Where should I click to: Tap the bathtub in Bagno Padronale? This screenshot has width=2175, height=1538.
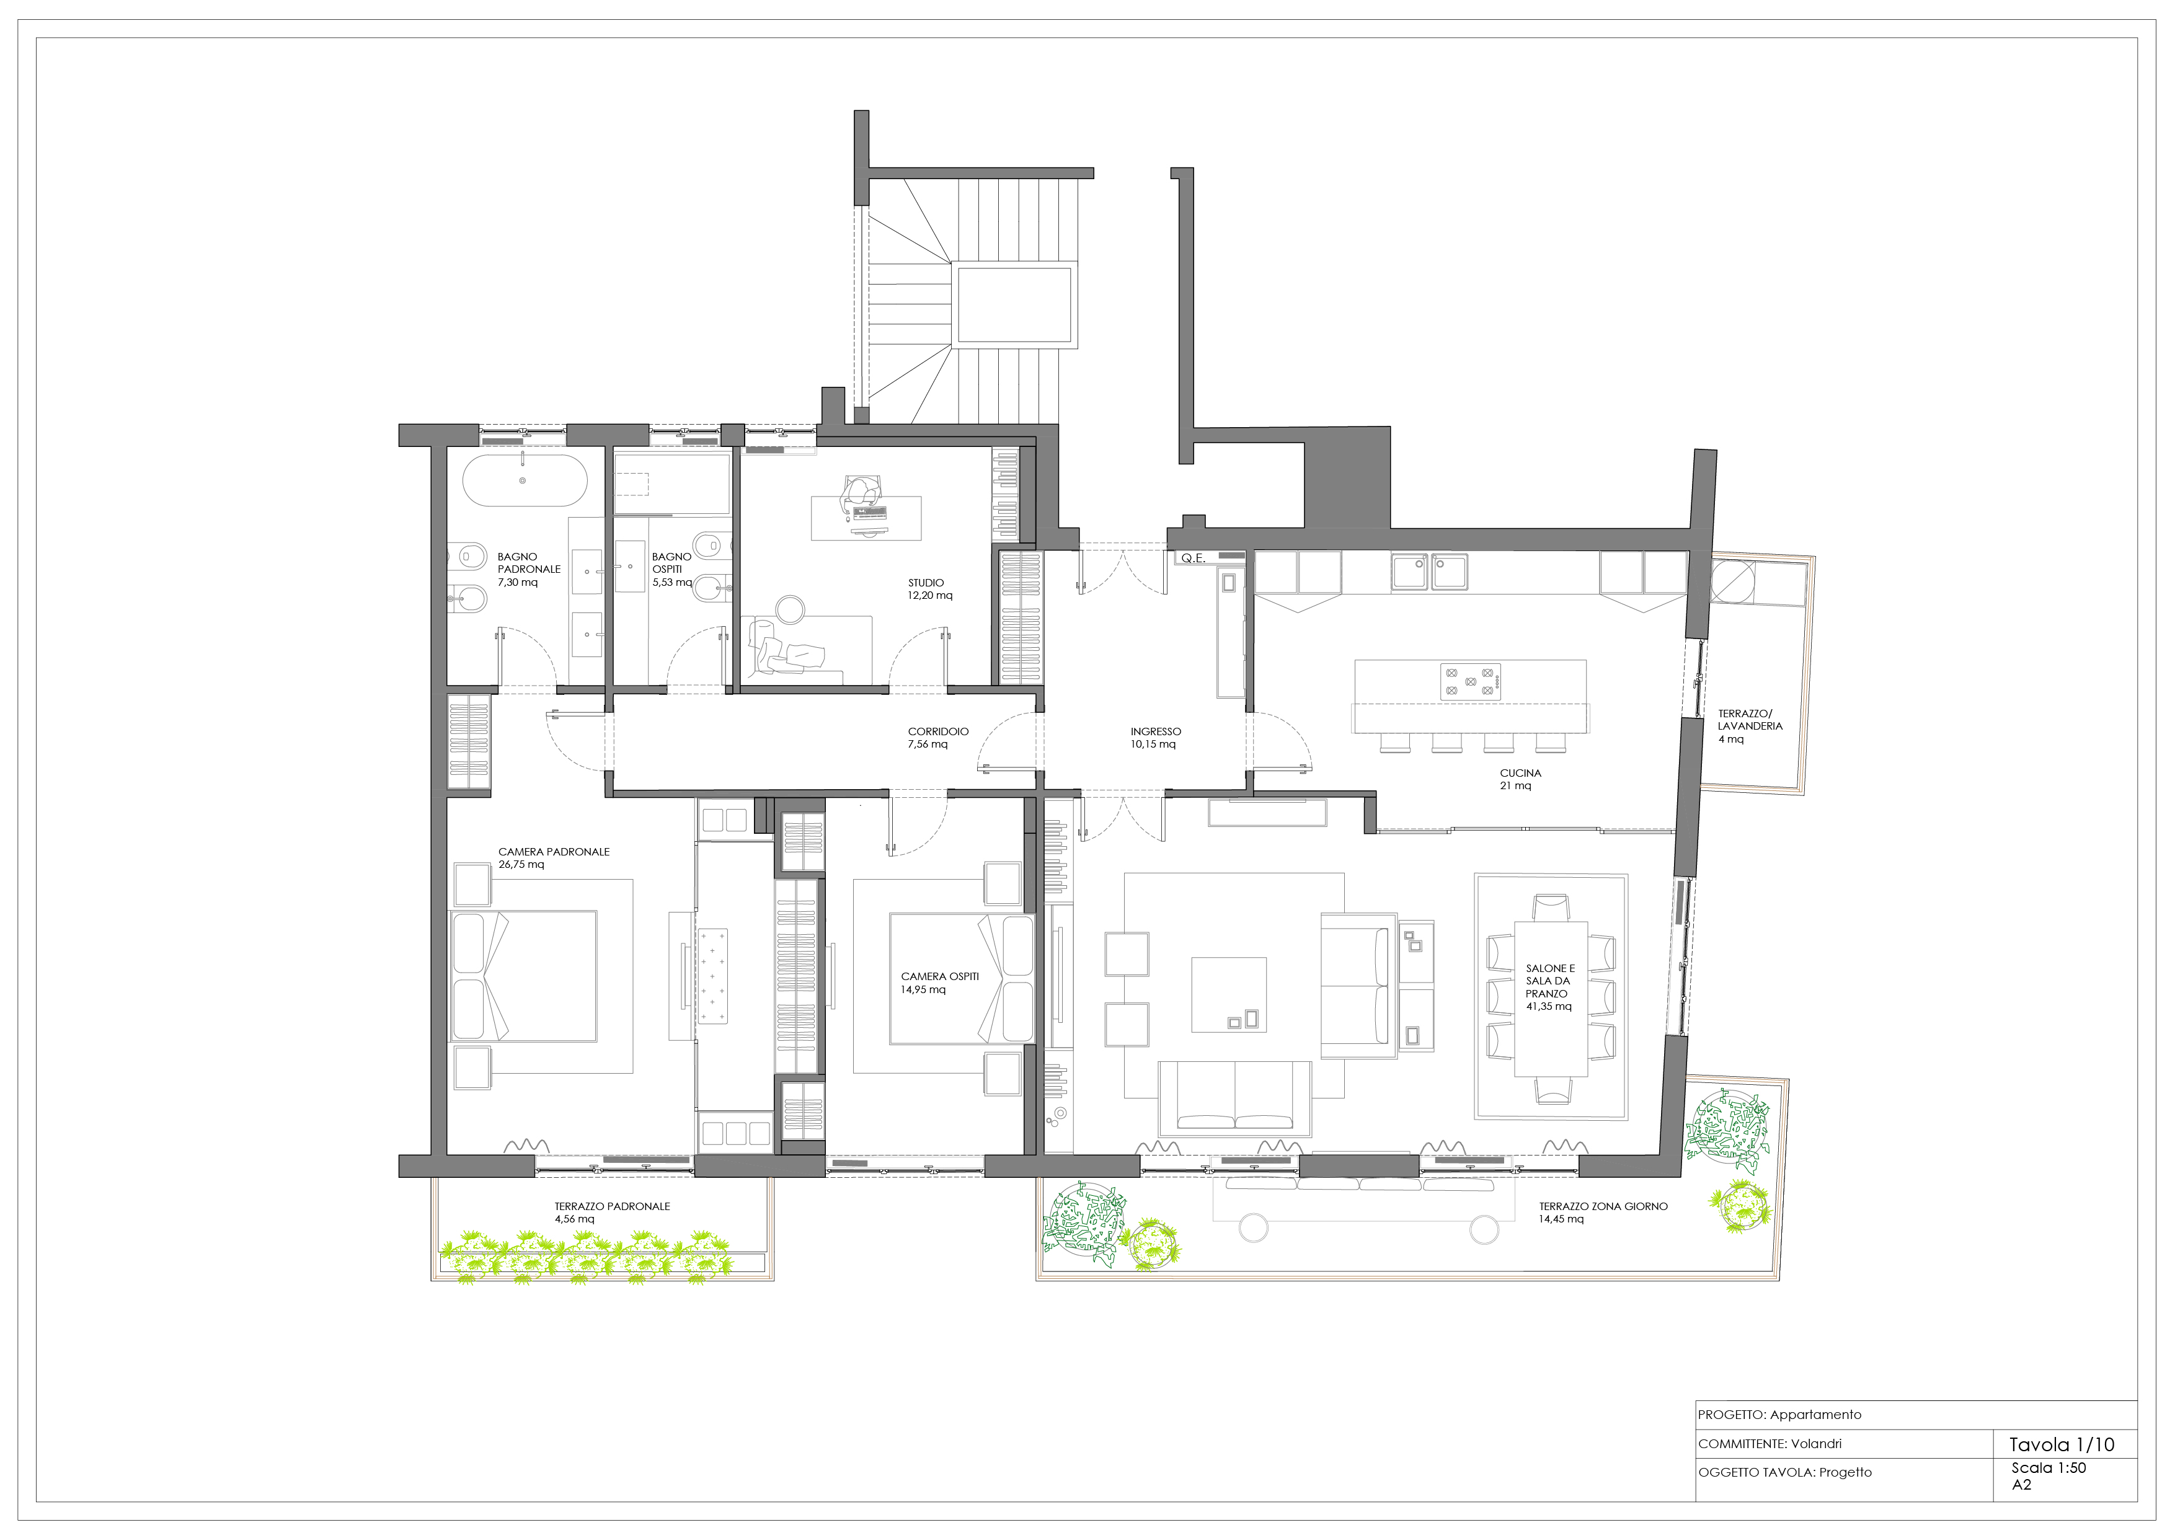tap(524, 481)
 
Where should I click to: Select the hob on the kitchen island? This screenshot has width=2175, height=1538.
tap(1470, 682)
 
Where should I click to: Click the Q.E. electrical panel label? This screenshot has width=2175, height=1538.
tap(1193, 559)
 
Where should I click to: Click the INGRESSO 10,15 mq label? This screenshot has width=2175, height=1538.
tap(1154, 738)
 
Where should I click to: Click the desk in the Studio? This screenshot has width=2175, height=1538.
tap(866, 518)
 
